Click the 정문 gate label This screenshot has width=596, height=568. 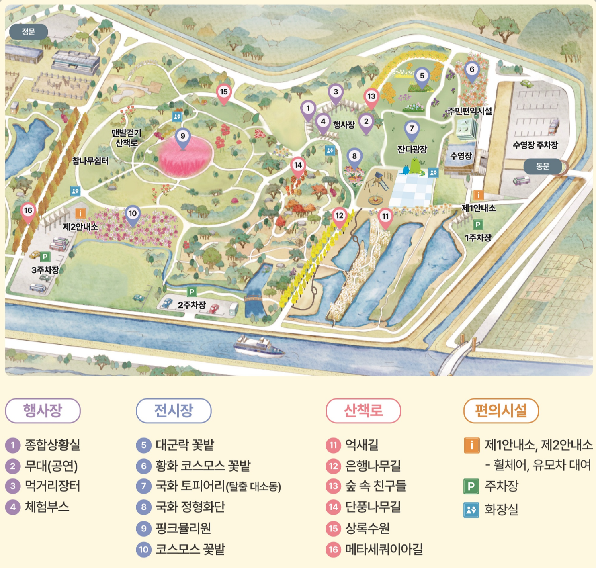coord(29,32)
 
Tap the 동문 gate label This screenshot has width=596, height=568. coord(542,166)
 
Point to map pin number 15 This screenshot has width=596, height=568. coord(224,93)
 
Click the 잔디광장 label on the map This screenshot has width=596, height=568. coord(412,149)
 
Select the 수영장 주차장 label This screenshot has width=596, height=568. coord(535,145)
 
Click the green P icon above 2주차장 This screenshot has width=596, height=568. coord(192,292)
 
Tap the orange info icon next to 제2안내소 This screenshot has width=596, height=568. coord(80,213)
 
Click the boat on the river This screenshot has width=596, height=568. coord(259,347)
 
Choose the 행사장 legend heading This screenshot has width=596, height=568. coord(43,411)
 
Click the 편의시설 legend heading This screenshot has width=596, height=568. coord(501,411)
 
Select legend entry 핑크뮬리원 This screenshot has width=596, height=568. coord(183,528)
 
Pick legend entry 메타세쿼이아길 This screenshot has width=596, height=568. coord(384,549)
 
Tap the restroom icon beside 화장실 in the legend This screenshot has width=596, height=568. coord(471,510)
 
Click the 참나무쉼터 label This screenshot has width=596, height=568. coord(90,161)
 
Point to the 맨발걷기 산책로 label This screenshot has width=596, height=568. coord(126,138)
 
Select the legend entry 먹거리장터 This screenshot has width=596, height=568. coord(52,486)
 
